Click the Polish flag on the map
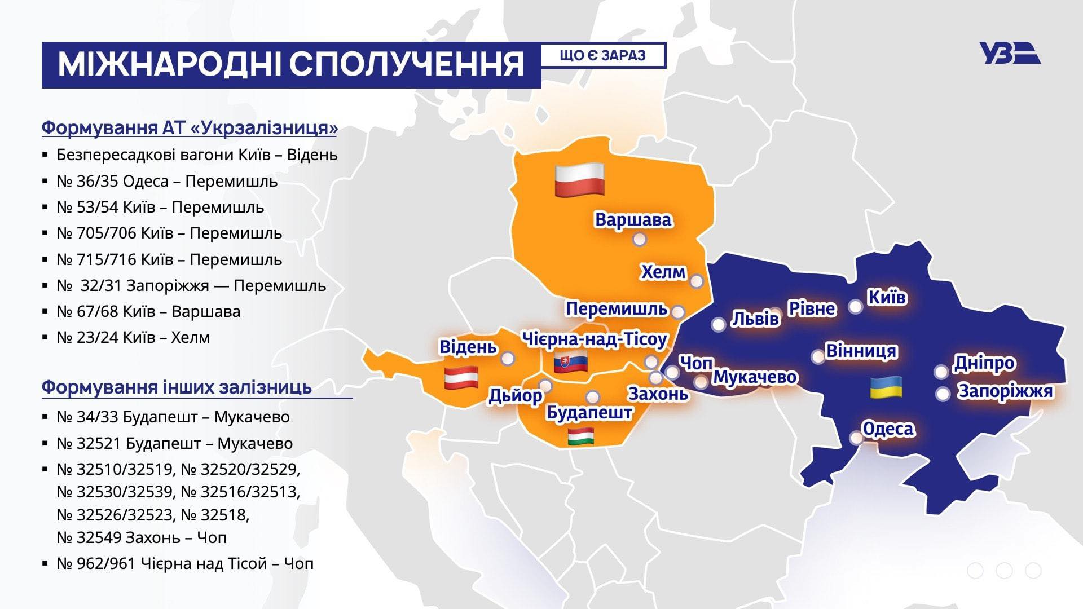click(x=579, y=180)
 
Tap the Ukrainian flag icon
click(x=886, y=387)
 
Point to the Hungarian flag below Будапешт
click(x=581, y=436)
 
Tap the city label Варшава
click(x=633, y=219)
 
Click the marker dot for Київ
click(x=855, y=307)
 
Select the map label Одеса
click(x=888, y=429)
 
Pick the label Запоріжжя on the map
click(x=1005, y=391)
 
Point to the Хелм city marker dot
click(x=697, y=281)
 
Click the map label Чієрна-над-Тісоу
click(x=594, y=339)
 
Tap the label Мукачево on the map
click(x=755, y=376)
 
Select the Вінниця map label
click(x=861, y=351)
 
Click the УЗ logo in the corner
click(x=1009, y=54)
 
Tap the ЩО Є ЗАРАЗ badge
click(x=603, y=55)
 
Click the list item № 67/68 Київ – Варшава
click(x=148, y=311)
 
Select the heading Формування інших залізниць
click(x=177, y=387)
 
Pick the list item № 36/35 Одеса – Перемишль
click(x=167, y=181)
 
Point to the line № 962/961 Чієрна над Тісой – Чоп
click(x=185, y=563)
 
